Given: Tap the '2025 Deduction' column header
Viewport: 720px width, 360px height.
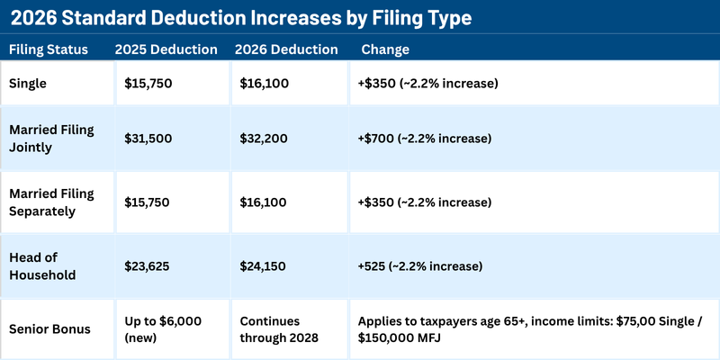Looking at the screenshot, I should pos(166,49).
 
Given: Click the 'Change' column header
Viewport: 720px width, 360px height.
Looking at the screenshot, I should pos(384,49).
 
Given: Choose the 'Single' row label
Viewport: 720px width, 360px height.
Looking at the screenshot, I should pos(29,84).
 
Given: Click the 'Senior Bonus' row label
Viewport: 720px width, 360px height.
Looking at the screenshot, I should pos(50,328).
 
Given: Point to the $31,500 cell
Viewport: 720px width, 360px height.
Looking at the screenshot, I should pos(149,138).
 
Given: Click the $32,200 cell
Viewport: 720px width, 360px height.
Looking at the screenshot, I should pos(265,138).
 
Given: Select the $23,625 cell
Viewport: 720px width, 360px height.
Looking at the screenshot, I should pos(149,265).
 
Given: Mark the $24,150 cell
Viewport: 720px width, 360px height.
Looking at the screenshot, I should pos(265,265).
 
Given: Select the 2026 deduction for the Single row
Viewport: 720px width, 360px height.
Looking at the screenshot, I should pos(265,84).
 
